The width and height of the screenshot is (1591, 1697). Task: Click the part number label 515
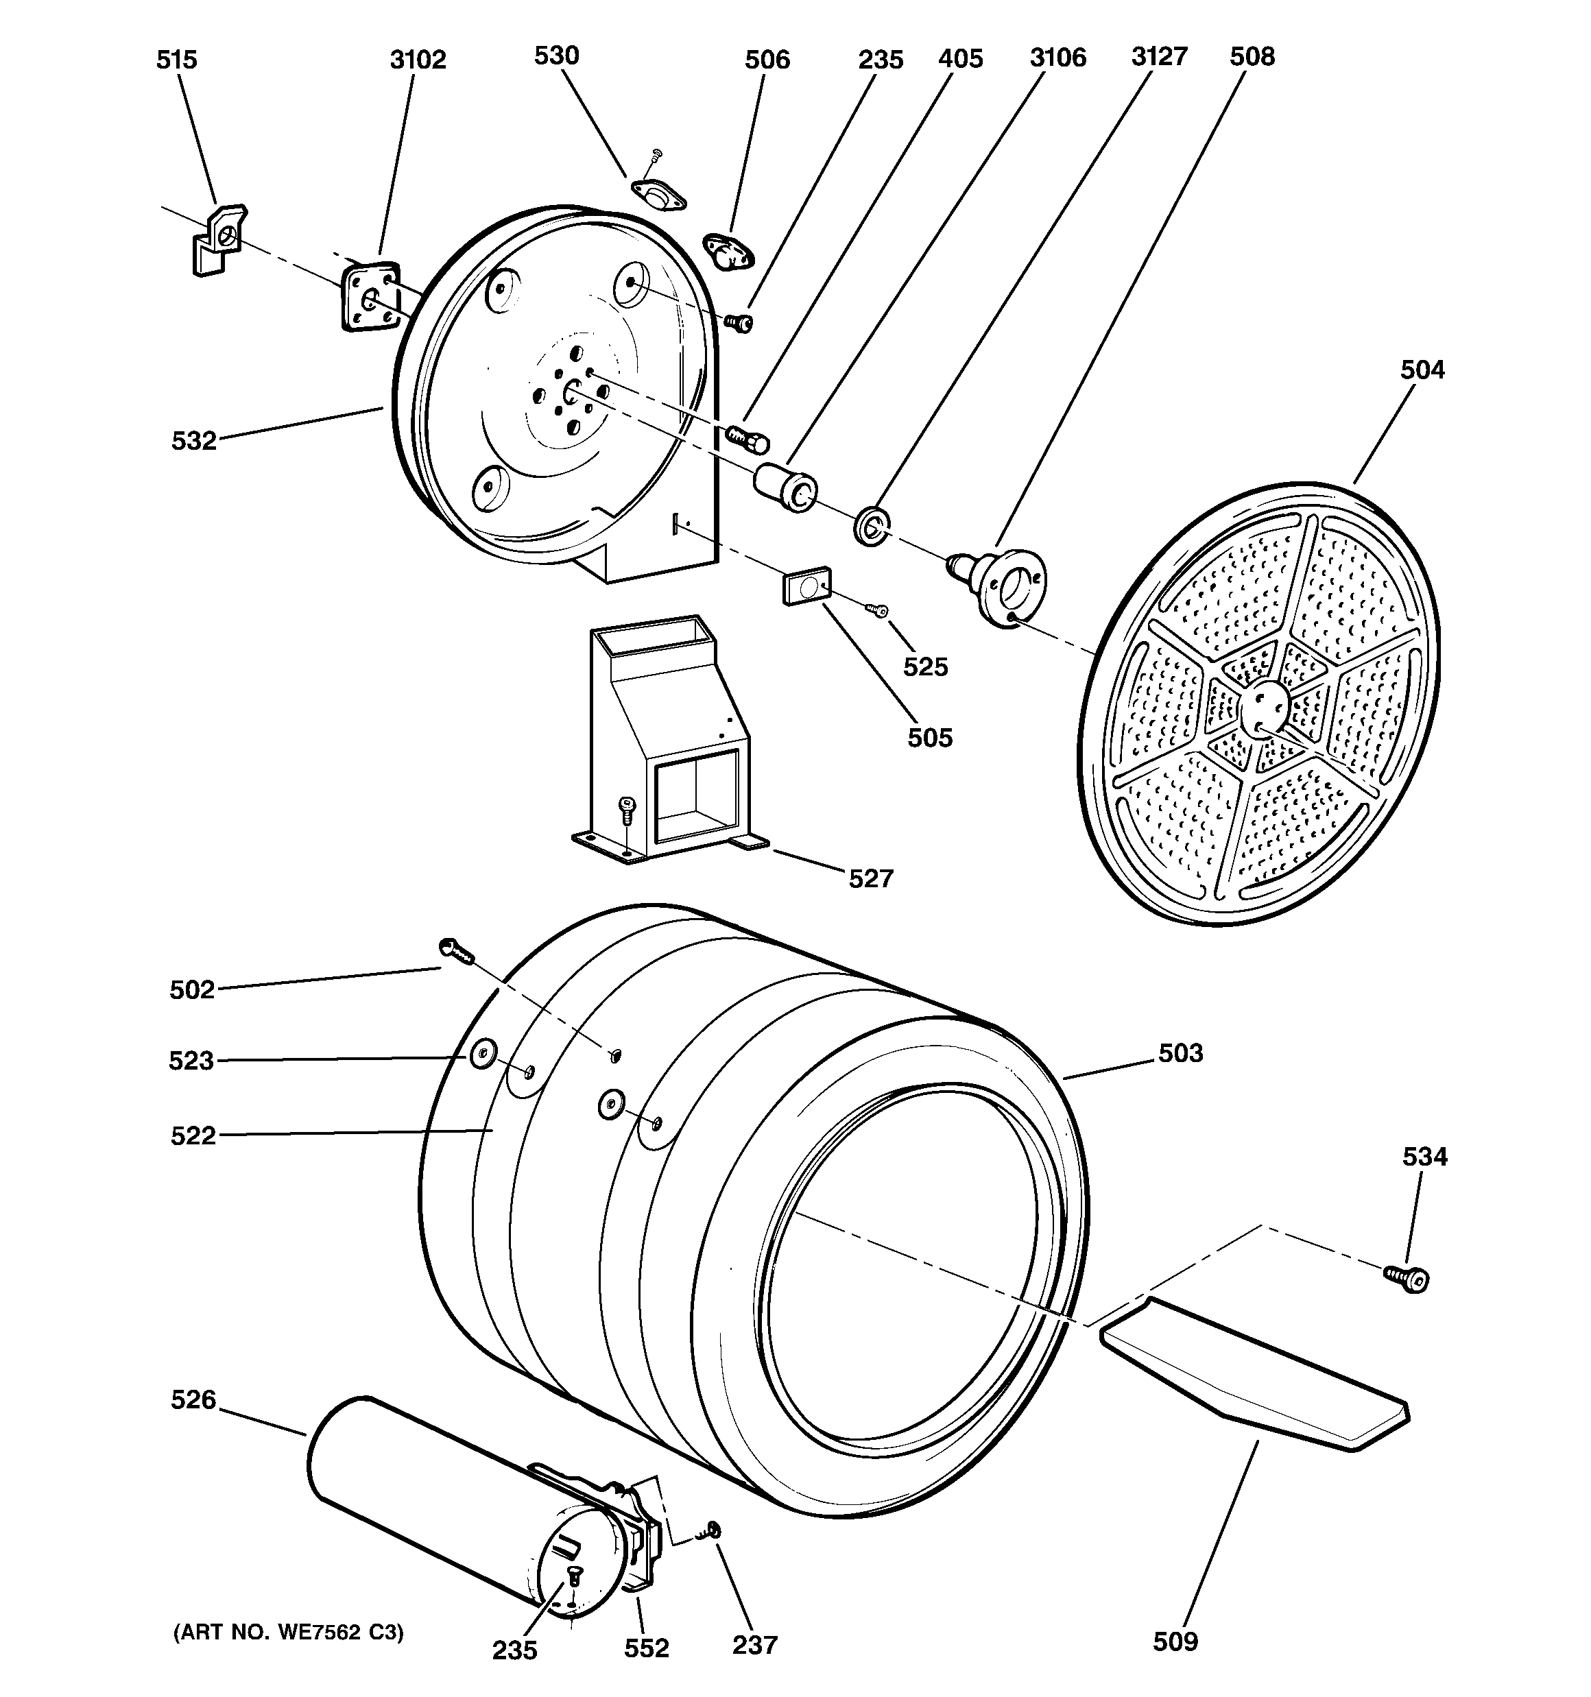[x=176, y=60]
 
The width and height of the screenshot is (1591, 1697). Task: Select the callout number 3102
[x=418, y=60]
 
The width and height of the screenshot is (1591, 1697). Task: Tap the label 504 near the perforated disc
[x=1422, y=370]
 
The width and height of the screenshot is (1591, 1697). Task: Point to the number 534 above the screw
[x=1424, y=1157]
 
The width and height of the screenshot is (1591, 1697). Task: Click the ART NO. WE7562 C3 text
[x=288, y=1633]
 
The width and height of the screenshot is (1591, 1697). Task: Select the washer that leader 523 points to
[x=480, y=1056]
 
